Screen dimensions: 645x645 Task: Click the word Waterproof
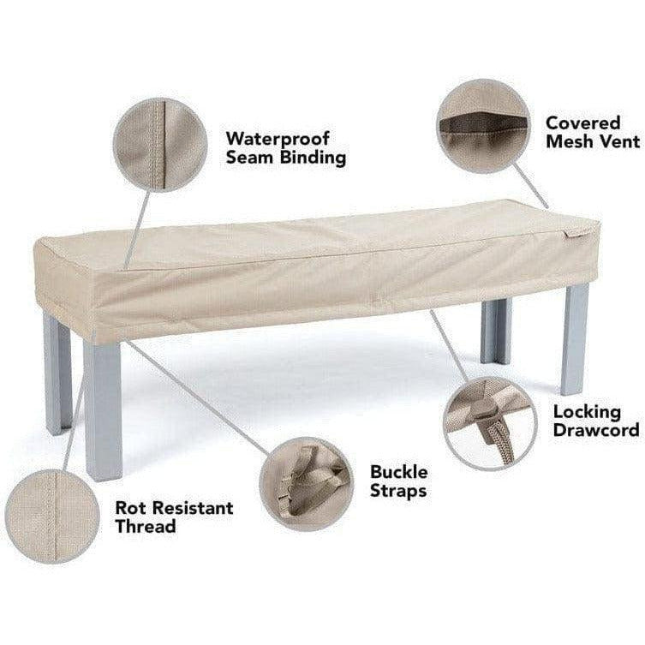click(x=278, y=140)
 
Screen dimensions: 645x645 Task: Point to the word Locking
click(x=587, y=413)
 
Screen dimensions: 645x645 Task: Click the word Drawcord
click(x=596, y=430)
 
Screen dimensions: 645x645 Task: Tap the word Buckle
click(x=398, y=472)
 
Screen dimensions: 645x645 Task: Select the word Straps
click(x=398, y=491)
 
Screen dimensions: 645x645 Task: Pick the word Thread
click(x=146, y=527)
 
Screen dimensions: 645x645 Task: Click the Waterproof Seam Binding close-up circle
click(x=160, y=145)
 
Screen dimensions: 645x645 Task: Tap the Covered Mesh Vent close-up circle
click(x=484, y=126)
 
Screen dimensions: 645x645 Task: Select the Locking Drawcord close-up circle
click(x=490, y=424)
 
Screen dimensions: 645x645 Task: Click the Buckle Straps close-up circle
click(x=307, y=484)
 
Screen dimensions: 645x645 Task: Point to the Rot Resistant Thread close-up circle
click(x=52, y=517)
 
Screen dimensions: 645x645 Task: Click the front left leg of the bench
click(x=103, y=409)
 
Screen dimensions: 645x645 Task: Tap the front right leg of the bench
click(x=574, y=338)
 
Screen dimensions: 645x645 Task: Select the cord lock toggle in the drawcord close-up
click(x=486, y=409)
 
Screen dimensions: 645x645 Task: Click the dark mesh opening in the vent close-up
click(x=483, y=123)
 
